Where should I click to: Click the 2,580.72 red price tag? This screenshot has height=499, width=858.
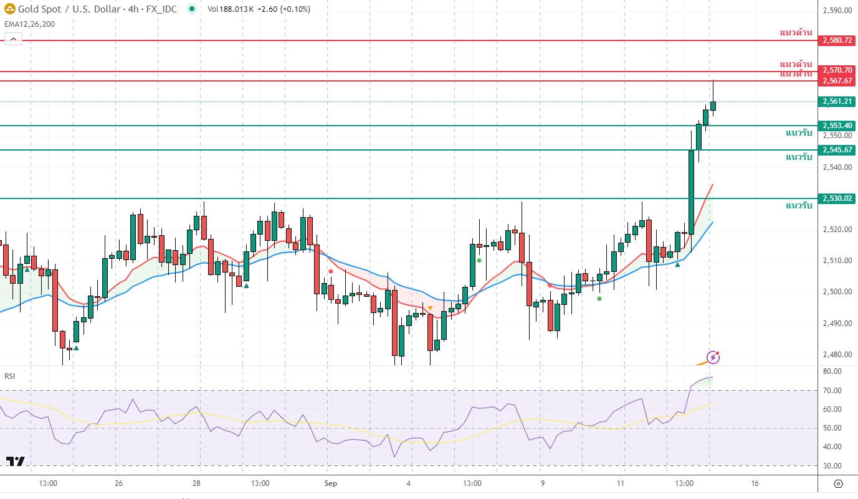click(837, 40)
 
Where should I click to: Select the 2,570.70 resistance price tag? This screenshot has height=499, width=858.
click(837, 70)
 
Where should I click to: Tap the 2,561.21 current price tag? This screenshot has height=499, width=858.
click(837, 101)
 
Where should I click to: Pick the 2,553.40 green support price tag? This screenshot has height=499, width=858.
click(837, 126)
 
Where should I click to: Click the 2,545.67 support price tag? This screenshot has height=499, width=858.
click(837, 150)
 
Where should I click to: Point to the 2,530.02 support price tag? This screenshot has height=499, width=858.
click(837, 198)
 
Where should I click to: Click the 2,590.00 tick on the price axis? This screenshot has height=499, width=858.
click(837, 11)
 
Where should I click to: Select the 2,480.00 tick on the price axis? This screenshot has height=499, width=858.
click(837, 355)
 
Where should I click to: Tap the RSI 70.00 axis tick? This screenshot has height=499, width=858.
click(832, 391)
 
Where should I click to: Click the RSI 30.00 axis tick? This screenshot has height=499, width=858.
click(832, 466)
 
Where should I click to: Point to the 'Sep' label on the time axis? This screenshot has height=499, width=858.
click(331, 483)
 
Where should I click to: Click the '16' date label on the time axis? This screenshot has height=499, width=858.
click(755, 483)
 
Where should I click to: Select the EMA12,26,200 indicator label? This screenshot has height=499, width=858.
click(29, 24)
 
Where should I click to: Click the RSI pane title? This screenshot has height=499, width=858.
click(10, 376)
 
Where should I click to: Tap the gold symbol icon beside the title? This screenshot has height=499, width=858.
click(10, 9)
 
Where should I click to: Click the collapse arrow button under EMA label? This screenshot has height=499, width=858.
click(13, 39)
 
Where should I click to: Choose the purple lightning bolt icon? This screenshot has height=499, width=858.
click(713, 358)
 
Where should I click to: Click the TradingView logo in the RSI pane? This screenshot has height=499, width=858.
click(16, 461)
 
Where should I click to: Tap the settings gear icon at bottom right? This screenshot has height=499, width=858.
click(838, 484)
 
